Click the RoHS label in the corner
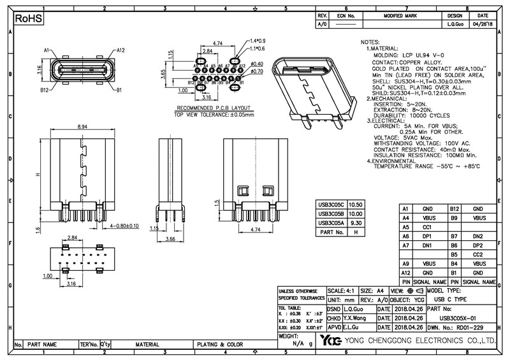tap(28, 20)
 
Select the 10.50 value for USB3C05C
tap(356, 205)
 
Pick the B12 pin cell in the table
tap(455, 209)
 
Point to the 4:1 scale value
tap(351, 291)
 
